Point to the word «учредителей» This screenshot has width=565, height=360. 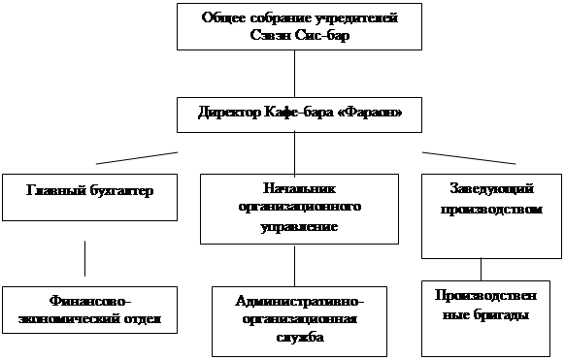point(356,17)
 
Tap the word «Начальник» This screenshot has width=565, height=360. point(299,188)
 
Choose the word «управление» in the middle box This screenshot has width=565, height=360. point(299,227)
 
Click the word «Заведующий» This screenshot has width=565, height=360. point(491,189)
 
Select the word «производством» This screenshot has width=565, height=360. point(491,210)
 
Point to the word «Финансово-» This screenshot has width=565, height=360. point(89,300)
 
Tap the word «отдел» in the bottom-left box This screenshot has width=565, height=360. point(143,319)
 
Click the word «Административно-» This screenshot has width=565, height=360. point(299,301)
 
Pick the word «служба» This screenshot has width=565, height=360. point(300,338)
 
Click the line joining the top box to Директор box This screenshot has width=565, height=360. point(294,74)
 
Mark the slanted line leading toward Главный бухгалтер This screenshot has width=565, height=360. point(137,158)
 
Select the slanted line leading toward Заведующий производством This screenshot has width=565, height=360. point(469,158)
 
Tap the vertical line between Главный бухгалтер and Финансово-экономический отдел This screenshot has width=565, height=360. point(85,258)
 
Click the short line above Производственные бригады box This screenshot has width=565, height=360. point(482,270)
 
